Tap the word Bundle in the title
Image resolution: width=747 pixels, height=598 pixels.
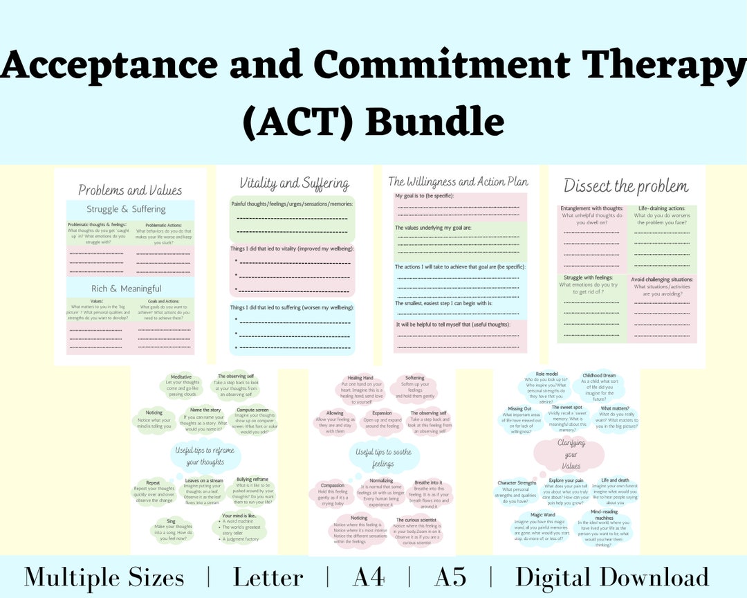[x=434, y=122]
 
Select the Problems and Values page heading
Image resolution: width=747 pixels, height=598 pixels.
[x=130, y=190]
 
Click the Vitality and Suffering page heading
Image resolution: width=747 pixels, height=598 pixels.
[x=294, y=183]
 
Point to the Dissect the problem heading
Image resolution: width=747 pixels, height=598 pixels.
[x=626, y=185]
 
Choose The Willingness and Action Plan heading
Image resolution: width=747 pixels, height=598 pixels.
[x=458, y=181]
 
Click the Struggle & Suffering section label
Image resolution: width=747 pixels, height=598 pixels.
[x=126, y=209]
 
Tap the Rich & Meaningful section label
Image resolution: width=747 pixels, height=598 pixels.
[x=127, y=289]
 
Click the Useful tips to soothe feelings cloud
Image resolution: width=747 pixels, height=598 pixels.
[x=384, y=457]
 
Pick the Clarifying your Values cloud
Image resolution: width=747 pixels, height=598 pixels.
[x=569, y=455]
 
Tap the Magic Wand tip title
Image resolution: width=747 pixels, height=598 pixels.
[x=543, y=515]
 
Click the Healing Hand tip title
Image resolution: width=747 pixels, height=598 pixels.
[x=360, y=378]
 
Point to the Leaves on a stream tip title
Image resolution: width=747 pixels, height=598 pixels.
[x=204, y=480]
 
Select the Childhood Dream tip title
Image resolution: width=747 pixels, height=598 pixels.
[x=599, y=376]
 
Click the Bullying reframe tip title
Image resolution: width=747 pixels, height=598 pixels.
[x=252, y=479]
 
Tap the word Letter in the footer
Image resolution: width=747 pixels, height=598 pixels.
[x=268, y=578]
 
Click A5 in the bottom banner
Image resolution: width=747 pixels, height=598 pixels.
[x=450, y=578]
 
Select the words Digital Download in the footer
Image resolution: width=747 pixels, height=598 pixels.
[x=612, y=578]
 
